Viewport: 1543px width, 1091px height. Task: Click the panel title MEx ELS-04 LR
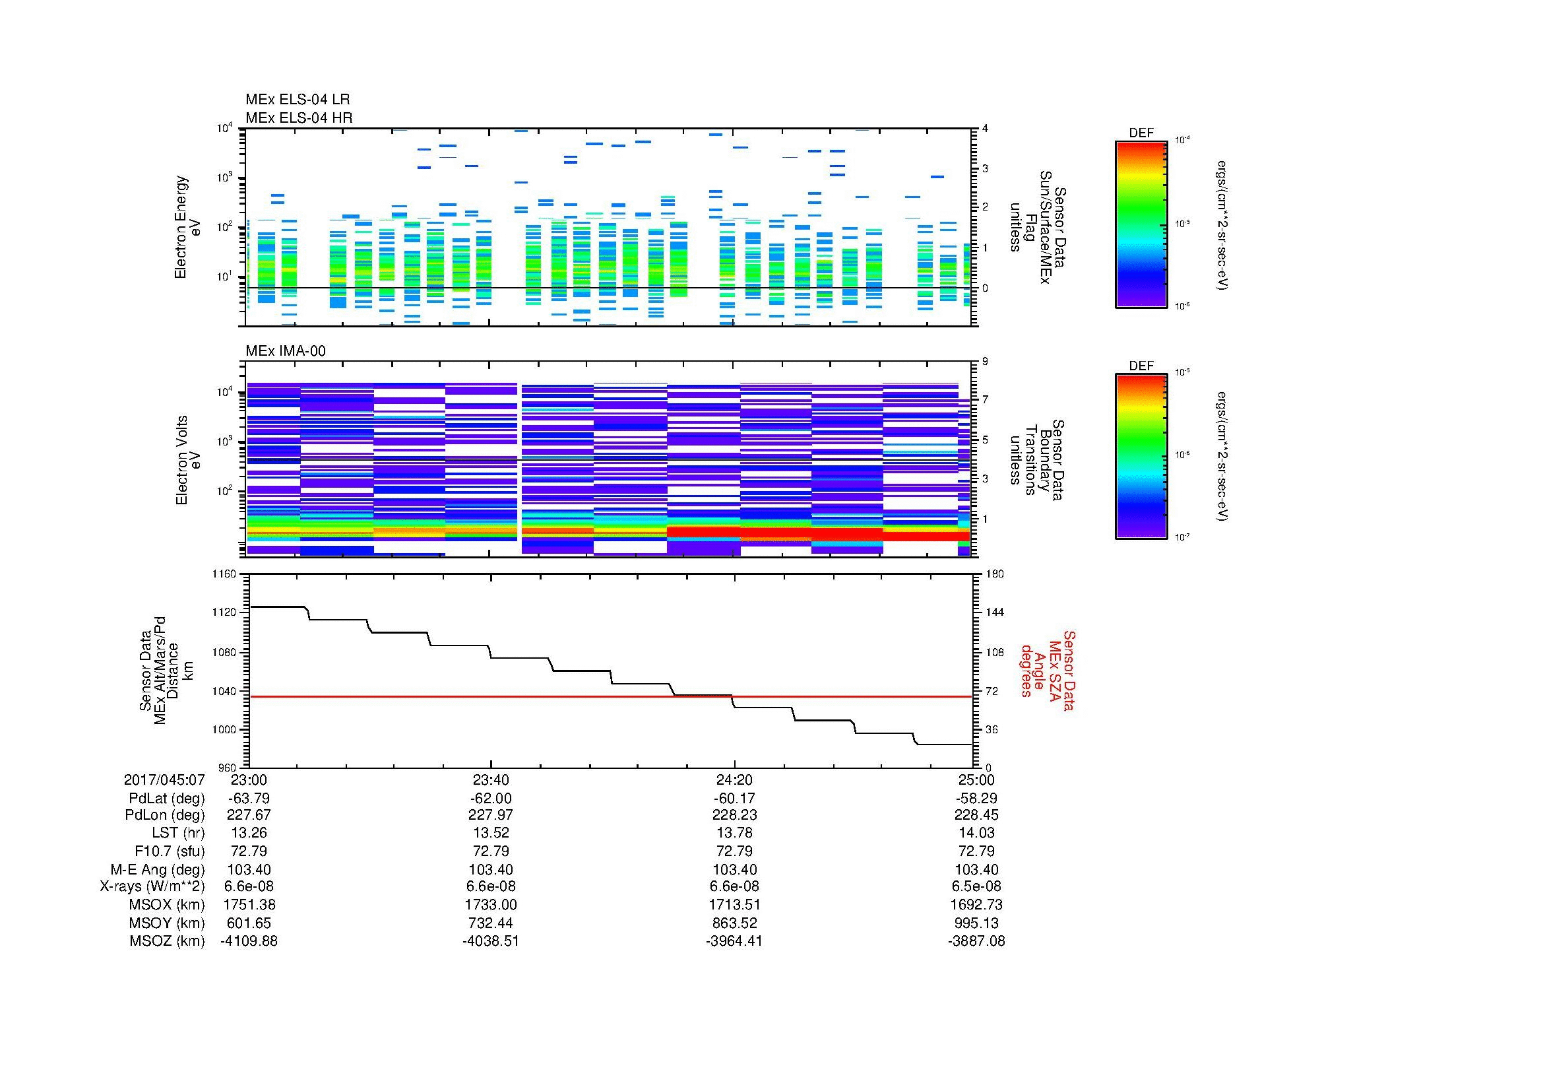click(x=297, y=100)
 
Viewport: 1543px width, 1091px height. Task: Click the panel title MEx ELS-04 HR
click(x=298, y=117)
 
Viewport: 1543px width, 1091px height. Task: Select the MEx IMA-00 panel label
click(x=285, y=351)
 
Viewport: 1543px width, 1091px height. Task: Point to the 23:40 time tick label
click(x=491, y=779)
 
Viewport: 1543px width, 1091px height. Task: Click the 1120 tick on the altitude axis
click(x=224, y=612)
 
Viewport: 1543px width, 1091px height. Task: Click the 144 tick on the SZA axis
click(x=994, y=612)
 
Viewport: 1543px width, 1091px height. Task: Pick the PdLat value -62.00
click(x=491, y=799)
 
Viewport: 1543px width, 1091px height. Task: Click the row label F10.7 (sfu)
click(x=170, y=850)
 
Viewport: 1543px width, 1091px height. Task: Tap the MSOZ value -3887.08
click(x=976, y=941)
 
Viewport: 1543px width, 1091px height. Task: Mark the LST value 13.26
click(x=249, y=833)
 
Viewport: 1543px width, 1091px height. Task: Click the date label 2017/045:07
click(x=164, y=779)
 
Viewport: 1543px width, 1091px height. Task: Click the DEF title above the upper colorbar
click(x=1141, y=133)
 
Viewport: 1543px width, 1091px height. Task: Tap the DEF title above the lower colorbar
click(x=1141, y=366)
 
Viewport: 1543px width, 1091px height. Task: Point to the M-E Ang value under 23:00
click(x=249, y=869)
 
